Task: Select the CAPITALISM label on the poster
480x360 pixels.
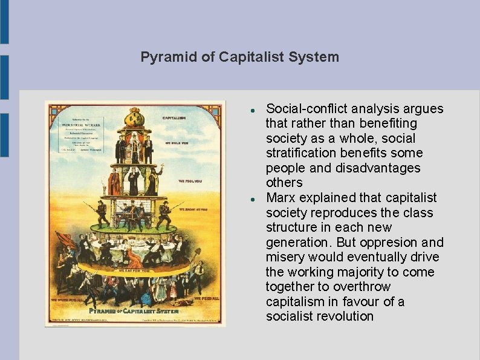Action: point(174,117)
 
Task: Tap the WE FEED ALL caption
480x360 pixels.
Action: point(206,298)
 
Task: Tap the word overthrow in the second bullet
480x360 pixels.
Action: point(364,287)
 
